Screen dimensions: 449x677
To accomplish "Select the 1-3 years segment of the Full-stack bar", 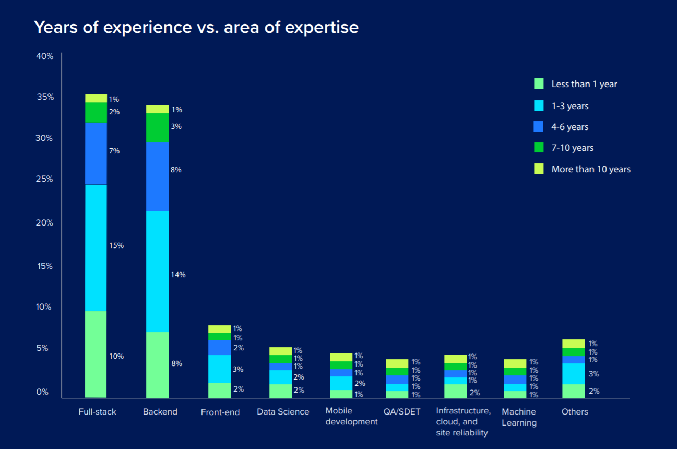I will point(96,247).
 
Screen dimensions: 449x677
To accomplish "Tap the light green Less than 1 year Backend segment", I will point(157,364).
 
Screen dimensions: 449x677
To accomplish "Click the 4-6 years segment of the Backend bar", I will point(157,176).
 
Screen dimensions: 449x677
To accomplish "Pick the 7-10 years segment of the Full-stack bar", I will point(96,112).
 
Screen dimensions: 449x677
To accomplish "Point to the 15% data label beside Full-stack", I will point(116,245).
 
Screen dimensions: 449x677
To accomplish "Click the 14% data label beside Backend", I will point(178,275).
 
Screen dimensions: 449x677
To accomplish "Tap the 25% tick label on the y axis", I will point(45,179).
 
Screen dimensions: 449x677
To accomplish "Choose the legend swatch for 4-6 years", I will point(539,127).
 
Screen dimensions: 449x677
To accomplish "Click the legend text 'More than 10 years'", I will point(591,169).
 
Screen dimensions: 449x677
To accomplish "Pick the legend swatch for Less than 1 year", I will point(539,84).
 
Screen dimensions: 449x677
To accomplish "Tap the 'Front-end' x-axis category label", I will point(220,412).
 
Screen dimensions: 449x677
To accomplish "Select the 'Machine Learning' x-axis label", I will point(519,417).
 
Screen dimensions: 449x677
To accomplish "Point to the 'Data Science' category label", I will point(283,412).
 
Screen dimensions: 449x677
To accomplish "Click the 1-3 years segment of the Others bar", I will point(573,373).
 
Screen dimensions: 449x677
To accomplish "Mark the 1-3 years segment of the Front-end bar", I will point(219,369).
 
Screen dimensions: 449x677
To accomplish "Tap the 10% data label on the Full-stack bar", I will point(116,357).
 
